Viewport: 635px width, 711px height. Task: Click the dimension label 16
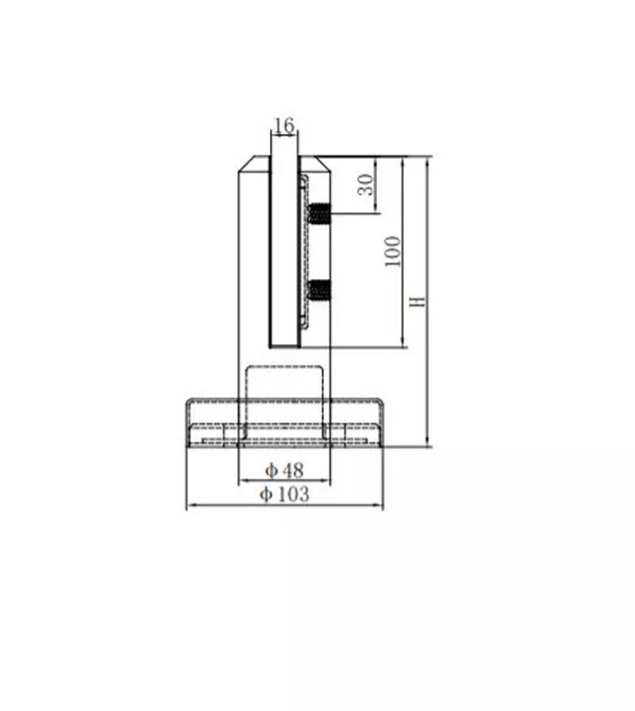coord(283,126)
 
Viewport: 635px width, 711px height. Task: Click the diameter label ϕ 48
coord(284,470)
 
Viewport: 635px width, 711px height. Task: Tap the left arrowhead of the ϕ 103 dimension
coord(189,506)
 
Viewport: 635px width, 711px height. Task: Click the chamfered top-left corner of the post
coord(247,164)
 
